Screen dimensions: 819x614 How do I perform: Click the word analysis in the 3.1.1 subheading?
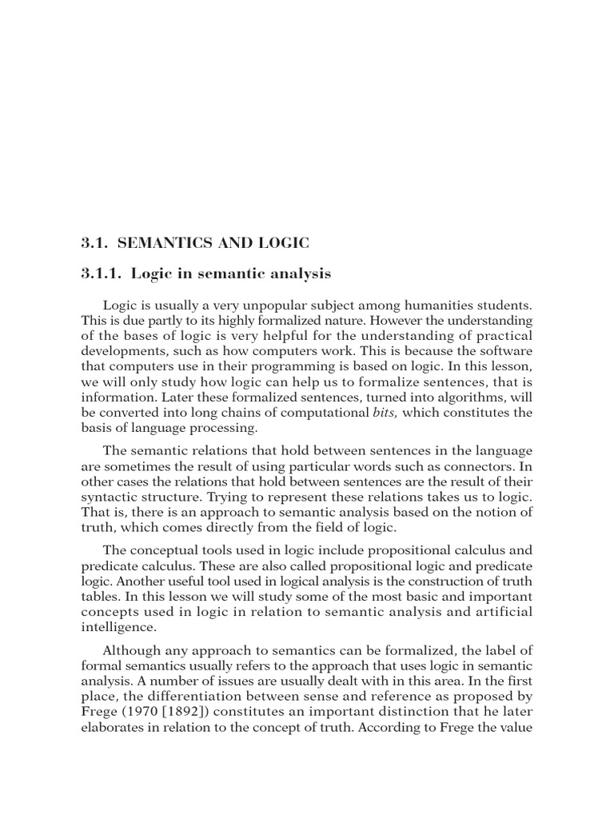coord(297,274)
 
